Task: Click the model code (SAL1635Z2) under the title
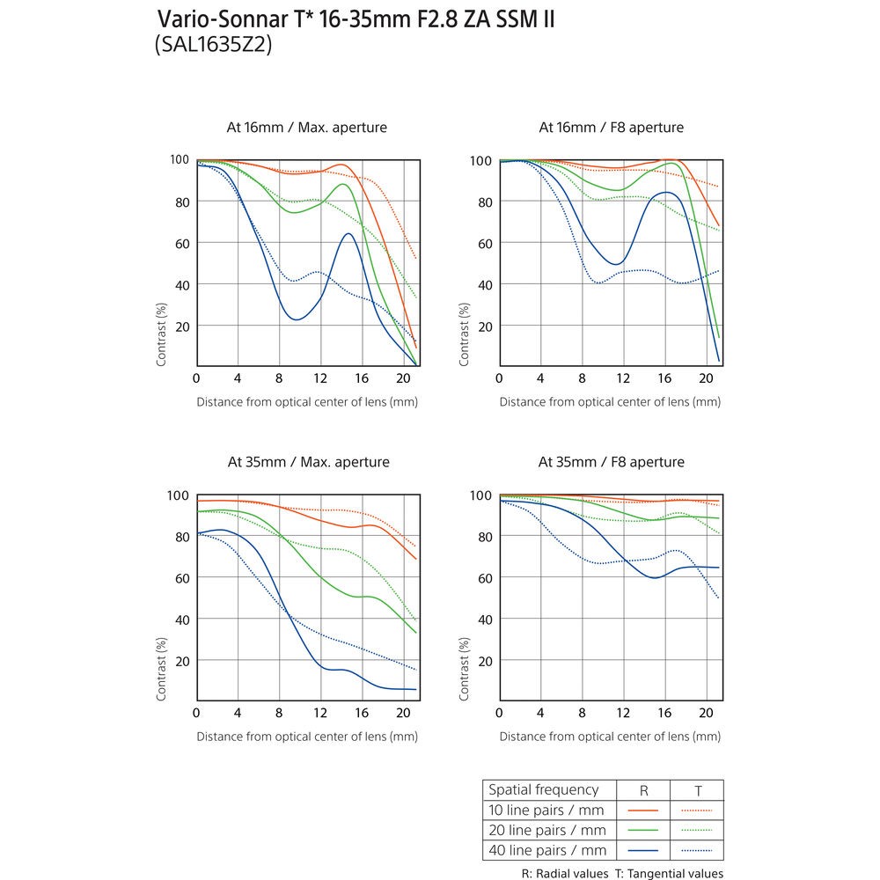tap(214, 46)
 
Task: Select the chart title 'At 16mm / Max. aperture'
tap(307, 128)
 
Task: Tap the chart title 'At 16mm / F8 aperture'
tap(611, 128)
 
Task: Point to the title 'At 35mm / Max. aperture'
tap(308, 462)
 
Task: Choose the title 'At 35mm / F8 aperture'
tap(611, 462)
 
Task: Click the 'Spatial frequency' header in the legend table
tap(543, 790)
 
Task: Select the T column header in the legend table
tap(697, 790)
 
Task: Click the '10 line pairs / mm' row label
tap(546, 810)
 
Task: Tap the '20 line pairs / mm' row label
tap(546, 830)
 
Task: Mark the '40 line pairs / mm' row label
tap(546, 850)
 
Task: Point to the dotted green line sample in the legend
tap(697, 830)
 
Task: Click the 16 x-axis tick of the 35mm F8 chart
tap(664, 713)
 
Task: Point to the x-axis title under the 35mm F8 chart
tap(610, 737)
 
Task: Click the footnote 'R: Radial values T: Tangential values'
tap(622, 873)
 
